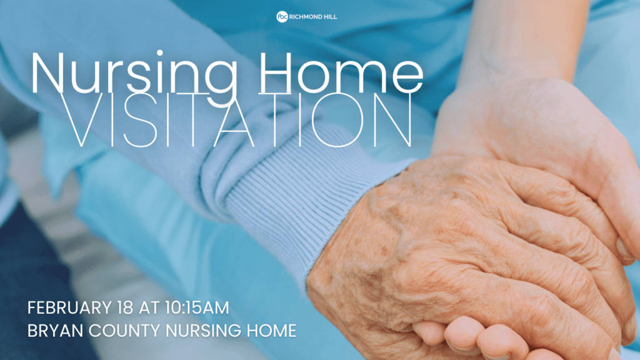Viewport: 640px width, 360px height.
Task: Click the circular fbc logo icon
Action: (282, 16)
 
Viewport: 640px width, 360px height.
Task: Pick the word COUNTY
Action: (117, 330)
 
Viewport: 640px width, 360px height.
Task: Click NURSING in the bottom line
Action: (196, 330)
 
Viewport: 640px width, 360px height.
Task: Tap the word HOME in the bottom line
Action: (269, 330)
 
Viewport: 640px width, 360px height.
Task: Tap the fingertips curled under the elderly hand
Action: (462, 337)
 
